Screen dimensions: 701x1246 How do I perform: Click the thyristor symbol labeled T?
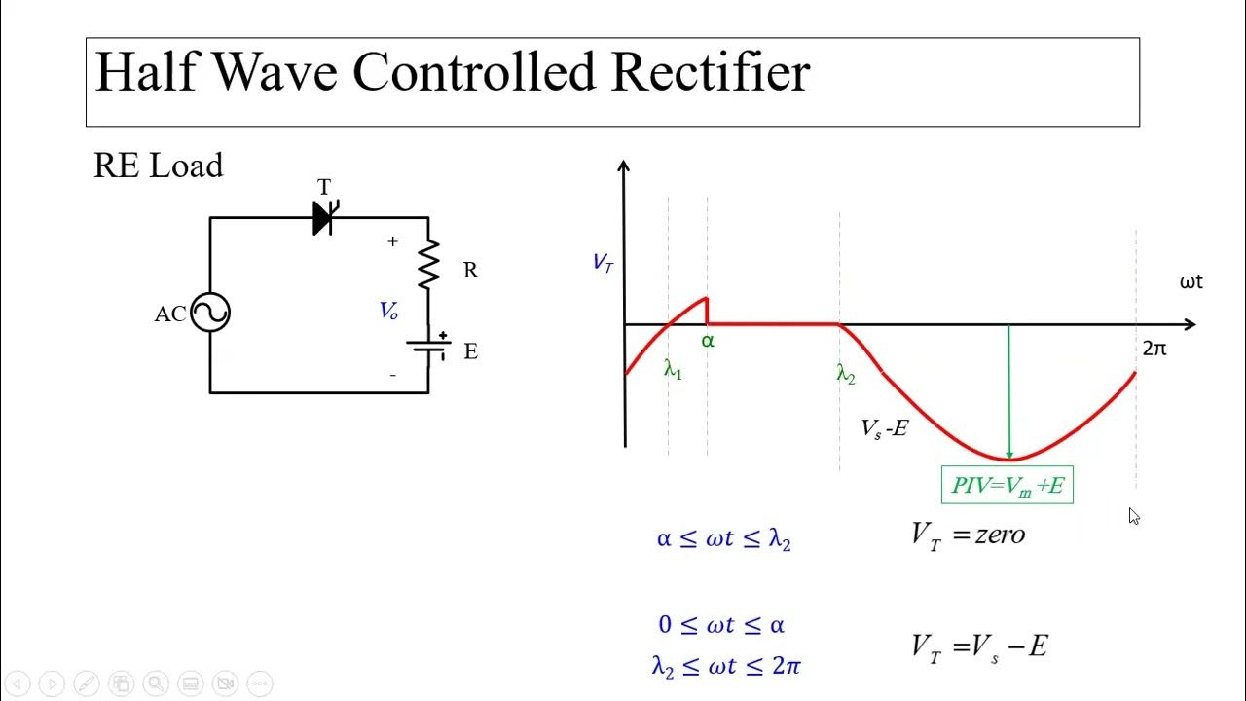324,218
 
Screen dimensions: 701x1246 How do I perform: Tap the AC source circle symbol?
210,313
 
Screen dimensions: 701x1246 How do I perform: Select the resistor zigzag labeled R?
428,265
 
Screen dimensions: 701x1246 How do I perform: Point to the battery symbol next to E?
428,346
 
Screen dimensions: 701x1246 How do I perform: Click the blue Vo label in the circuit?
388,311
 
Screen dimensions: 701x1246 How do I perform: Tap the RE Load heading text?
158,166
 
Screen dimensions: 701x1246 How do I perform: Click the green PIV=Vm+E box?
1008,485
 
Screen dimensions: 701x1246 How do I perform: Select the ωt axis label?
1191,282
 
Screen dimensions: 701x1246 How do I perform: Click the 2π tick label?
1154,348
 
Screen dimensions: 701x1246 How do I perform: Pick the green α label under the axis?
708,342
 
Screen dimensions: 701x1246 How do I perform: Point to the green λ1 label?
673,369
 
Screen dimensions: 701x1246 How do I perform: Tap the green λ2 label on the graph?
846,373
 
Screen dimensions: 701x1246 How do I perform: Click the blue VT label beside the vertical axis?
603,262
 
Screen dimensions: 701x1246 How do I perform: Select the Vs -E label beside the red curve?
884,427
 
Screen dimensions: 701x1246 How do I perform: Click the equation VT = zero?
968,535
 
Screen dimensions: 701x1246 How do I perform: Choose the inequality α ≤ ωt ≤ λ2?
723,539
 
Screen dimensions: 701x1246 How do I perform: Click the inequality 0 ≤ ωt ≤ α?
721,625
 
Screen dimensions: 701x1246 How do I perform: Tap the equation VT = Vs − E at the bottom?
978,646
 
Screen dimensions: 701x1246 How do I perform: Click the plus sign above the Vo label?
393,241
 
